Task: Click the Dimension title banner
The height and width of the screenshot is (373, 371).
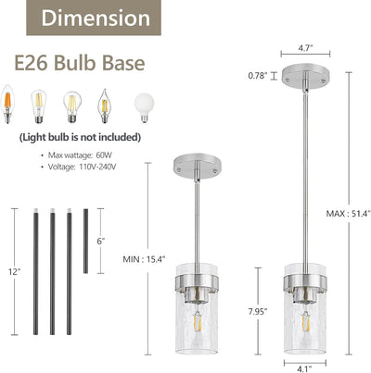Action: (94, 18)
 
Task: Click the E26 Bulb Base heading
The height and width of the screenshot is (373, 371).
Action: (80, 63)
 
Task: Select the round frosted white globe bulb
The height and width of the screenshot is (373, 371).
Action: (144, 107)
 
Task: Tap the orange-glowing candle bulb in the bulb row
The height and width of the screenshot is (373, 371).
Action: (7, 105)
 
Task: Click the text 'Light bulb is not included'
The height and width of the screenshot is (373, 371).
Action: (80, 137)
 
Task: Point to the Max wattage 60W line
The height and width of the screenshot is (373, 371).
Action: (76, 155)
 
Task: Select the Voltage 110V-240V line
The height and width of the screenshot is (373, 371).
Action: (79, 167)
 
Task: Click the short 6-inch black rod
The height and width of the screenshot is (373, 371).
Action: (85, 241)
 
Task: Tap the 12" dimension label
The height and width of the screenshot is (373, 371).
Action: (14, 272)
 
